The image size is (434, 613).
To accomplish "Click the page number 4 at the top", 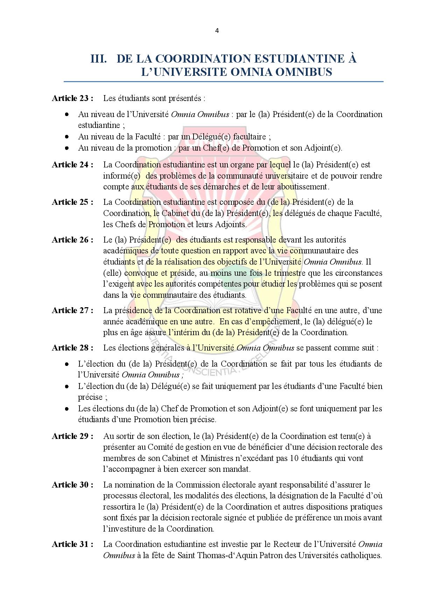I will pos(217,30).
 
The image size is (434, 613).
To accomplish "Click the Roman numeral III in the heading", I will pos(99,58).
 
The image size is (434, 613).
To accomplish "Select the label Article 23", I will pos(72,98).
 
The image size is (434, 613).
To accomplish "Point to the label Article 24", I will pos(72,165).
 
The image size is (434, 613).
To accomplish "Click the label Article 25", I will pos(72,202).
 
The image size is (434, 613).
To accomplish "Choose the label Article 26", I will pos(72,240).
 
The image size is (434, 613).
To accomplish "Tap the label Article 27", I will pos(72,310).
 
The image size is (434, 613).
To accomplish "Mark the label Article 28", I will pos(72,348).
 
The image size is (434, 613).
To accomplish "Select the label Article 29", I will pos(72,436).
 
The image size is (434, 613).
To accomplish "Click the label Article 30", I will pos(72,485).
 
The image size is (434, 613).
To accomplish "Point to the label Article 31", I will pos(72,544).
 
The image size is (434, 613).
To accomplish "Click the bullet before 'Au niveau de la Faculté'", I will pos(66,137).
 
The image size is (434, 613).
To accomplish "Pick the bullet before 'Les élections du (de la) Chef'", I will pos(66,409).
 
